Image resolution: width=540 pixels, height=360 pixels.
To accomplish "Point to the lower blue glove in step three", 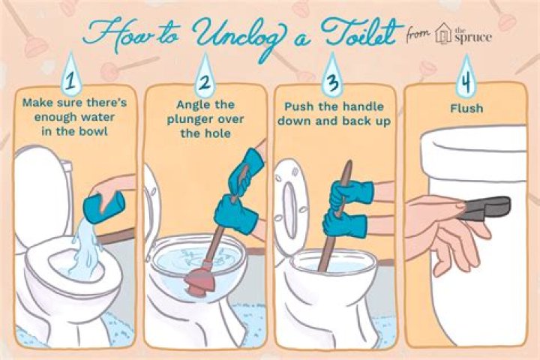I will point(343,222).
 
